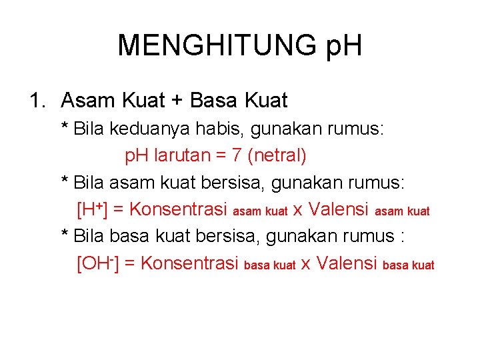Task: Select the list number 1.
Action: (36, 101)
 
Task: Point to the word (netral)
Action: (277, 156)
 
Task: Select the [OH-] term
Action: (98, 263)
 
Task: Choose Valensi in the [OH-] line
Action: (347, 263)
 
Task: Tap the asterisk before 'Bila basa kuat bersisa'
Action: (65, 235)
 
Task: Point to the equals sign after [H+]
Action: (120, 210)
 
